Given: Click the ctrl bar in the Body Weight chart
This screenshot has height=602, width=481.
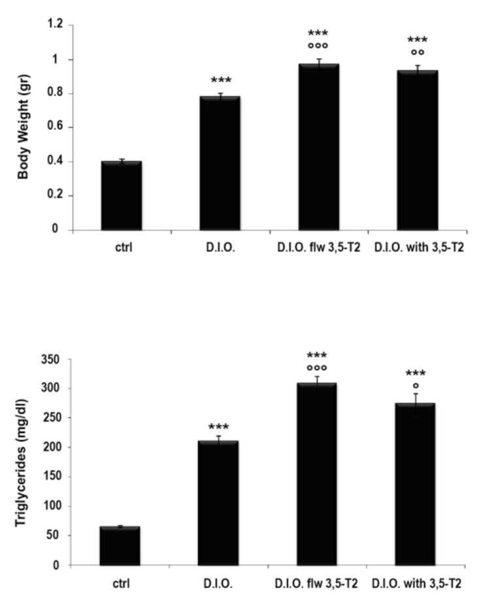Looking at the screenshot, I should [121, 195].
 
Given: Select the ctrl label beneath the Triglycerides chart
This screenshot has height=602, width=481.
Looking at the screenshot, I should [120, 583].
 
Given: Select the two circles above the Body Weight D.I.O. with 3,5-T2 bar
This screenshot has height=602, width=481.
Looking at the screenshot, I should [416, 52].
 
